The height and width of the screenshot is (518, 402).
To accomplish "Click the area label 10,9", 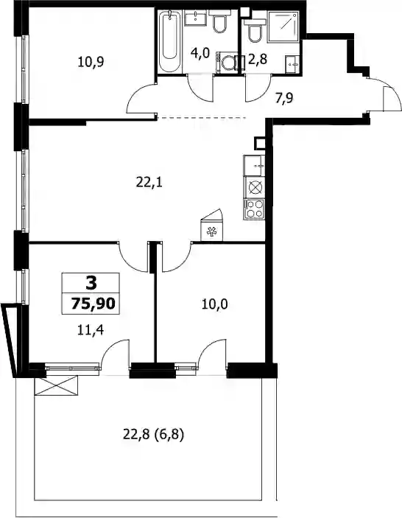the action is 91,62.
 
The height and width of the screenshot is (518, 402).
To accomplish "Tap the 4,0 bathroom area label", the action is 200,53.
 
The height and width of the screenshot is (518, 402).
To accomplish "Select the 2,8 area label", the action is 258,60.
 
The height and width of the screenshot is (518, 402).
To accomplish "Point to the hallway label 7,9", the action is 284,98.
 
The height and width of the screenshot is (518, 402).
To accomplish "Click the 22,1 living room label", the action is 149,182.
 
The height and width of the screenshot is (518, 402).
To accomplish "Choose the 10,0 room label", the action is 214,304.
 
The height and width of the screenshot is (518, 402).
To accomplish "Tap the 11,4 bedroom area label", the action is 91,329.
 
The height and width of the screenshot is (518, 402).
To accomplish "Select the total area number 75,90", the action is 93,304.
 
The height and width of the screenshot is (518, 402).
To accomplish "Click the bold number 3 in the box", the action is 91,283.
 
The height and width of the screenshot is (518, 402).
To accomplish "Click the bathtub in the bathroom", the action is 169,41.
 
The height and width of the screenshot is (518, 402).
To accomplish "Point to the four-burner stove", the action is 254,209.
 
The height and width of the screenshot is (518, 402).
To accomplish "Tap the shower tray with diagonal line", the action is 283,27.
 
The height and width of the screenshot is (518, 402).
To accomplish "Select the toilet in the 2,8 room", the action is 255,31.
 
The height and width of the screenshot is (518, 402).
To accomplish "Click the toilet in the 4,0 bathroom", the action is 219,22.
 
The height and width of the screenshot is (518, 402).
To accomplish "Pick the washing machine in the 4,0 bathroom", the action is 227,62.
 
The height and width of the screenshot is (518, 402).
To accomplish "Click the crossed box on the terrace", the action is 57,385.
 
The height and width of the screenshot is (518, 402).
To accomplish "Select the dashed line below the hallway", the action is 202,117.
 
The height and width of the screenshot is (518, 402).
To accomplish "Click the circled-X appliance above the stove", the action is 255,188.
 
